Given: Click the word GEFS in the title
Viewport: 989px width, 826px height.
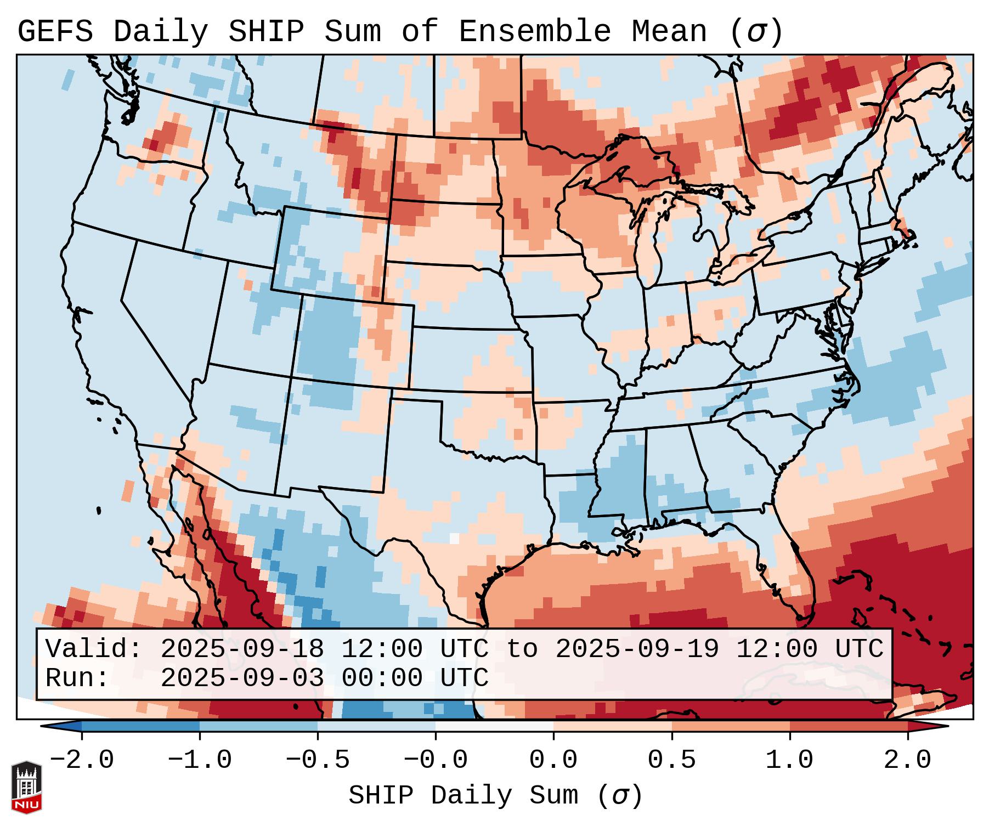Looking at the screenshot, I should coord(55,31).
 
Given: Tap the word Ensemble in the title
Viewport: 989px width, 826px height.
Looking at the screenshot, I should coord(534,31).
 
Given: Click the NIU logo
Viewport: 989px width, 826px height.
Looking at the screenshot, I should coord(26,787).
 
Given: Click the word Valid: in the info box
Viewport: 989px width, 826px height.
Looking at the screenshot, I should coord(94,649).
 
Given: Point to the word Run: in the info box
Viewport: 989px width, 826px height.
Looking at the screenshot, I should coord(77,678).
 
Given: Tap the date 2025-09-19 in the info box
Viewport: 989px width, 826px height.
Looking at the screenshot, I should coord(637,649).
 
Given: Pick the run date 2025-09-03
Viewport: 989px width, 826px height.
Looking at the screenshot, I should coord(242,678).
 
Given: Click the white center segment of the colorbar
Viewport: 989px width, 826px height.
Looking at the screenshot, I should coord(494,726).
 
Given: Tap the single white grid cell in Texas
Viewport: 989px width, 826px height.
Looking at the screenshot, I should coord(454,538).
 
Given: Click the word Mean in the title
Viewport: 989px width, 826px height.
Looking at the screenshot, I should coord(669,31).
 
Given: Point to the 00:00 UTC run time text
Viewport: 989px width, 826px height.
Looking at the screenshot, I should coord(415,678).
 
